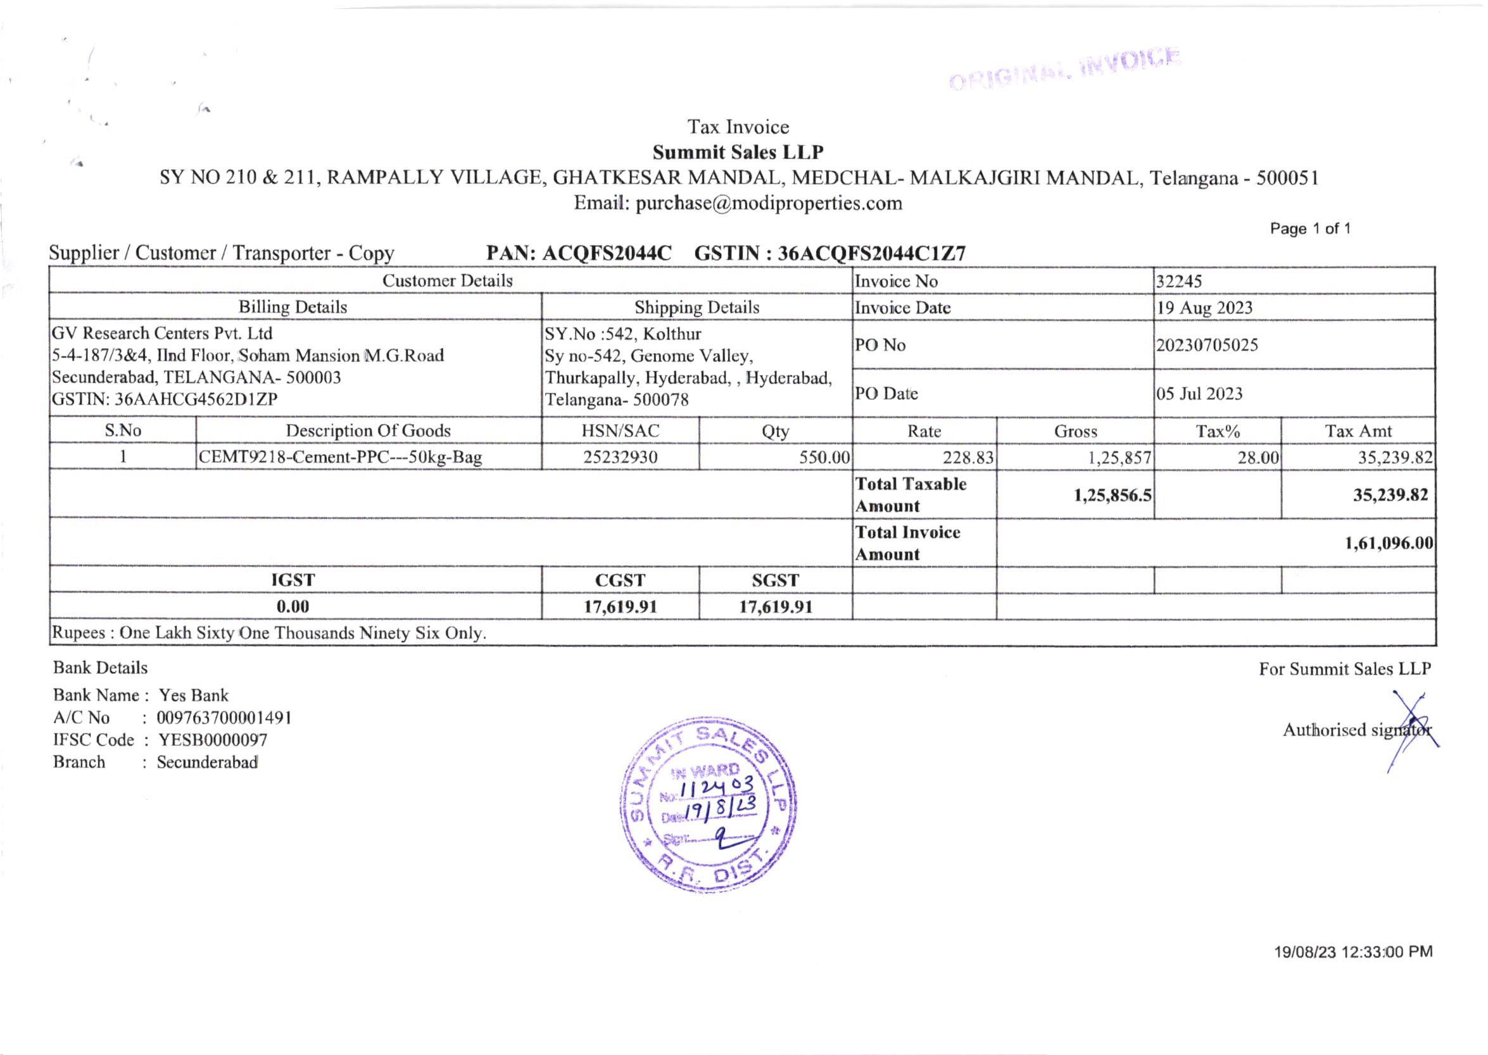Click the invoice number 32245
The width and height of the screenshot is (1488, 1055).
1179,281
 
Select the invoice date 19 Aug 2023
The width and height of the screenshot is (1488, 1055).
1204,308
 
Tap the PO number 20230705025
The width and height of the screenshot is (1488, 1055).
1207,345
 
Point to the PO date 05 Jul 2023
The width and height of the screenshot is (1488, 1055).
1199,394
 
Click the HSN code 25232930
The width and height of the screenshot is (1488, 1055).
620,458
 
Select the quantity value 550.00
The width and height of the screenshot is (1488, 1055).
824,458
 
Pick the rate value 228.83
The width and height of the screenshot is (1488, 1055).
968,458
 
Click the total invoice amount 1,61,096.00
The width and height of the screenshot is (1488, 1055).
1388,543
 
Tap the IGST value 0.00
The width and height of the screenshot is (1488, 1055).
293,607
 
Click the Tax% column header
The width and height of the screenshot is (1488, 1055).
1218,431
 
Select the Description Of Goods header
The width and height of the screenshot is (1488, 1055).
368,431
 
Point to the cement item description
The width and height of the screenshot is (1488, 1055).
340,458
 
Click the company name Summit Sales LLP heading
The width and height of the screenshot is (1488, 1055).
738,152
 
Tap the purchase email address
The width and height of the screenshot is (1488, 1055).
768,203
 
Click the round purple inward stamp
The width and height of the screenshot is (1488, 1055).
709,806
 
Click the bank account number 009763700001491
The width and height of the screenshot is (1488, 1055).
224,718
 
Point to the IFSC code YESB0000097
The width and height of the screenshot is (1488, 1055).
213,740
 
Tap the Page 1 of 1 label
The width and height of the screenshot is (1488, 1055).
1310,228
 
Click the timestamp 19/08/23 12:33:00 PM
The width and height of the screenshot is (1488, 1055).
1353,952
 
